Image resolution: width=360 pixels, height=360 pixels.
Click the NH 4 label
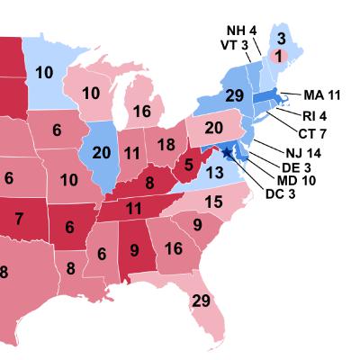(240, 28)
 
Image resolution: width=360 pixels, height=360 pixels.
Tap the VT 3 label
(235, 45)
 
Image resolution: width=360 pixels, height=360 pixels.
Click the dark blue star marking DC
(227, 153)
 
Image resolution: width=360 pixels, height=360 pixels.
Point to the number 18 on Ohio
(166, 144)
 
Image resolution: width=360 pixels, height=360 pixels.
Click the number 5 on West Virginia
(189, 165)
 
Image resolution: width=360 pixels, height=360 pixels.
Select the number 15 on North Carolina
(213, 203)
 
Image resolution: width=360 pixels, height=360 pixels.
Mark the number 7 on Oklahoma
(19, 218)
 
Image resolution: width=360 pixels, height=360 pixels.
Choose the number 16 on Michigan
(141, 111)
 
